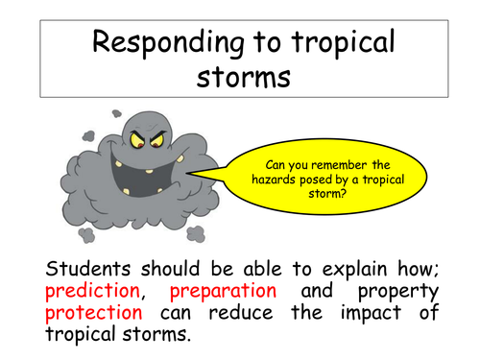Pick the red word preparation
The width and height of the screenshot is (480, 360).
tap(224, 290)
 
